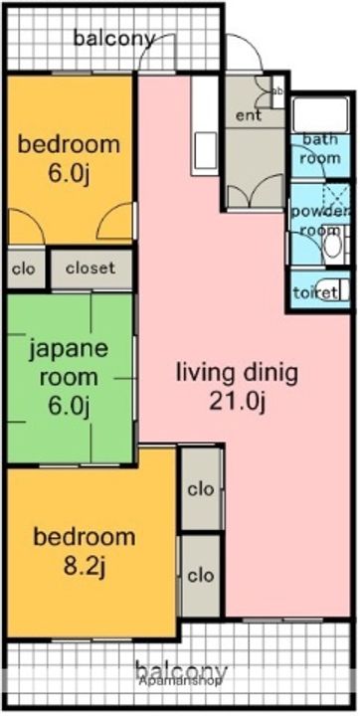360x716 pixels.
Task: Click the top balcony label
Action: coord(114,40)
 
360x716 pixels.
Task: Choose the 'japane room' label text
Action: coord(68,363)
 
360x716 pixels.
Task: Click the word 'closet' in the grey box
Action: coord(90,268)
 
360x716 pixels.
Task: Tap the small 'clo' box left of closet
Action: coord(23,268)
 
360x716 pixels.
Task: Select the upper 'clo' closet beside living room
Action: coord(200,489)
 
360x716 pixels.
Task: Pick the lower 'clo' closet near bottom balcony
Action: coord(200,575)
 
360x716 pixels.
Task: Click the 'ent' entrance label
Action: coord(249,115)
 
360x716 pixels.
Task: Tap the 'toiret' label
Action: coord(312,294)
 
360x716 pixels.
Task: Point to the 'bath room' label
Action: coord(320,148)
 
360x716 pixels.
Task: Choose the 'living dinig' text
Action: coord(237,374)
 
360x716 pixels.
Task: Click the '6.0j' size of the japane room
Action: coord(68,406)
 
